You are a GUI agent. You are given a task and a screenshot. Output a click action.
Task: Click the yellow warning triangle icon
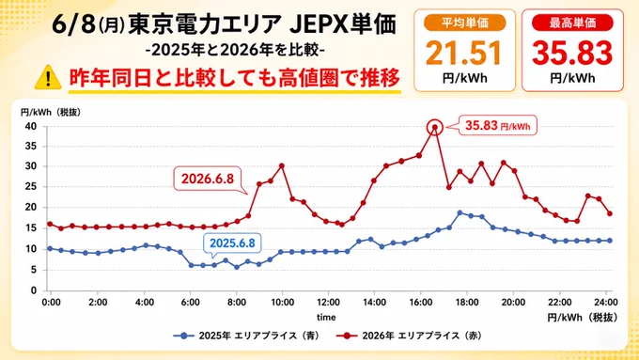coord(48,77)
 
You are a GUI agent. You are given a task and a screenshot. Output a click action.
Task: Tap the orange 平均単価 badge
coord(464,23)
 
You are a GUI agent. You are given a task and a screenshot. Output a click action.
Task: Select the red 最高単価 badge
coord(572,23)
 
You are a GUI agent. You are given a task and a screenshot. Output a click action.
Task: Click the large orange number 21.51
coord(464,54)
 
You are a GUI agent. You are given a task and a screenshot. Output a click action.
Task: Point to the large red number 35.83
coord(572,54)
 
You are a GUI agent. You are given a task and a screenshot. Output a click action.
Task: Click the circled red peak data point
coord(435,127)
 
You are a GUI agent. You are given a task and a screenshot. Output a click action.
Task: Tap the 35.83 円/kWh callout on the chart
coord(498,126)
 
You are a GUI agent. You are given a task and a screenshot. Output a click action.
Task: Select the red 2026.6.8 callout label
coord(208,179)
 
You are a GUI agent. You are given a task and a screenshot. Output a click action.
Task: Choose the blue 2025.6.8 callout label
coord(232,243)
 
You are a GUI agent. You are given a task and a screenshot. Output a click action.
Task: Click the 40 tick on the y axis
coord(31,126)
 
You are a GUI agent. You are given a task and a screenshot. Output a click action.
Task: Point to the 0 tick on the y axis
coord(34,290)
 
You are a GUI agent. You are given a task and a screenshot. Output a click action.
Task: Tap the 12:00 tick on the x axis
coord(329,303)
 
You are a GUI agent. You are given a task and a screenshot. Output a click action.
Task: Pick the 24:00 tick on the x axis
coord(606,303)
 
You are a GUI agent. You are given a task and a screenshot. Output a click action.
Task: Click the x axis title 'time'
coord(326,317)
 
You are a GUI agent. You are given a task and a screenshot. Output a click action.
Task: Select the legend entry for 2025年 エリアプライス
coord(246,336)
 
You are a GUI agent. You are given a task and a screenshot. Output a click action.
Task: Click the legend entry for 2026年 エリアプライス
coord(410,336)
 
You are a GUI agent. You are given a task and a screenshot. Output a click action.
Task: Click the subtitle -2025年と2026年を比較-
coord(236,50)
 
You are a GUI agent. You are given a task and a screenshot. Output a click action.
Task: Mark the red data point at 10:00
coord(282,166)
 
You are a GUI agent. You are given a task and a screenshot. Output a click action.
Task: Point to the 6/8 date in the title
coord(73,25)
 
